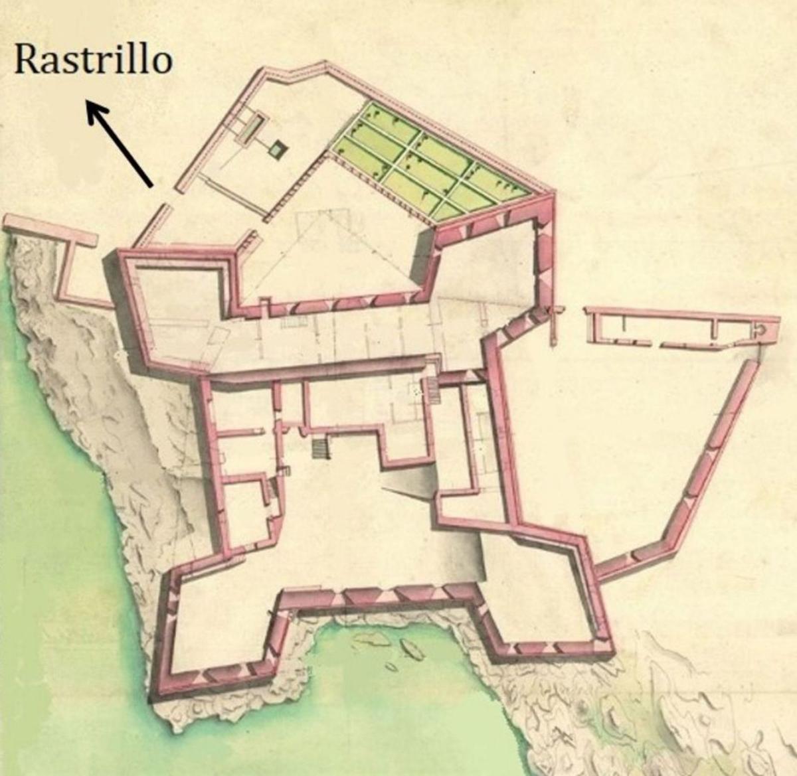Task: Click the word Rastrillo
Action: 93,59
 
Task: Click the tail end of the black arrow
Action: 151,184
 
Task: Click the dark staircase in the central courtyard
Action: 321,448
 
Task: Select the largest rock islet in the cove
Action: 412,649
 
